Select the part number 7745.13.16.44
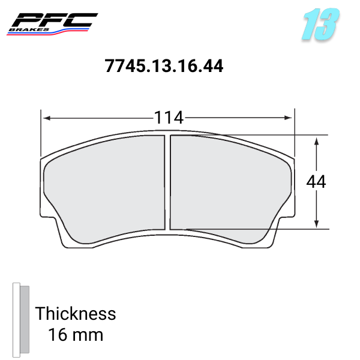(x=164, y=66)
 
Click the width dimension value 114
(x=168, y=118)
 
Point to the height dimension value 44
(x=316, y=182)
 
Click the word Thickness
(x=76, y=314)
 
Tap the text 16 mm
(x=76, y=334)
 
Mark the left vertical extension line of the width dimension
(x=41, y=132)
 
